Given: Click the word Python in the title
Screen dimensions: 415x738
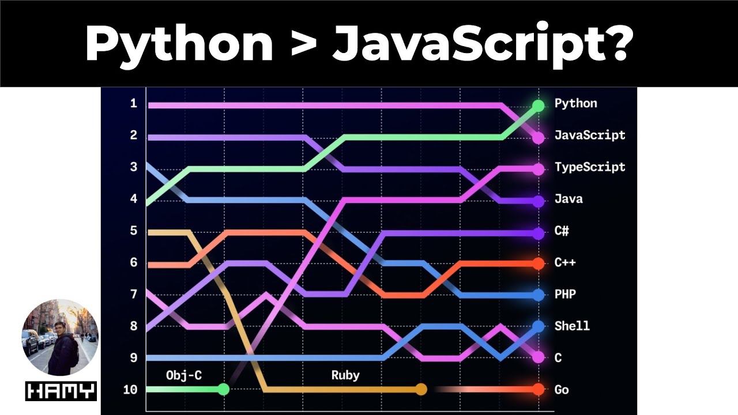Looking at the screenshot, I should pyautogui.click(x=179, y=44).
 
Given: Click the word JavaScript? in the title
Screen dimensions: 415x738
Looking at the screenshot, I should pyautogui.click(x=481, y=44).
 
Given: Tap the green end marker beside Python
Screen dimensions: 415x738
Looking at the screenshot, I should pyautogui.click(x=538, y=105).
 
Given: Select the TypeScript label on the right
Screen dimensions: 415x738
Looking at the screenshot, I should pyautogui.click(x=589, y=167).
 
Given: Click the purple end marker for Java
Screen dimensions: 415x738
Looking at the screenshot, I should pyautogui.click(x=538, y=202).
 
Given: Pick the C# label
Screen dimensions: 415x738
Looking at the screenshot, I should pyautogui.click(x=562, y=231).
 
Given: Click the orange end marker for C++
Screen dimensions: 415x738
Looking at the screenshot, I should pyautogui.click(x=538, y=263).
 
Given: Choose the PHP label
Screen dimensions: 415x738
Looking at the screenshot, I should pyautogui.click(x=565, y=294).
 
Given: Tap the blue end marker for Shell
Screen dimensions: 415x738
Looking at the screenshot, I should pyautogui.click(x=538, y=326).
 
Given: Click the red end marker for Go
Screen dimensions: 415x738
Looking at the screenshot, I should pyautogui.click(x=538, y=389).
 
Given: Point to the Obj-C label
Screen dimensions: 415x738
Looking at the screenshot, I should pyautogui.click(x=184, y=375).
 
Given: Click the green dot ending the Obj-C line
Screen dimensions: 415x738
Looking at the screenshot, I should pyautogui.click(x=224, y=389).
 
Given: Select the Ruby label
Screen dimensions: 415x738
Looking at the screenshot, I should pyautogui.click(x=345, y=375).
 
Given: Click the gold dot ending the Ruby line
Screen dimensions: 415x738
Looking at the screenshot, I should pyautogui.click(x=421, y=389).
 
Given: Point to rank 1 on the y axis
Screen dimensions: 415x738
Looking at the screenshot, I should pyautogui.click(x=134, y=104).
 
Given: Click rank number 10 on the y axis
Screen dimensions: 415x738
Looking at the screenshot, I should pyautogui.click(x=130, y=390).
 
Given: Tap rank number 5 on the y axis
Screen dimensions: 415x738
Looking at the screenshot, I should pyautogui.click(x=134, y=231).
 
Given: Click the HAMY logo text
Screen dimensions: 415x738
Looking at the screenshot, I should pyautogui.click(x=61, y=391).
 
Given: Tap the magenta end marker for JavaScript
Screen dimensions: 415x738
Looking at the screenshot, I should pyautogui.click(x=538, y=138).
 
